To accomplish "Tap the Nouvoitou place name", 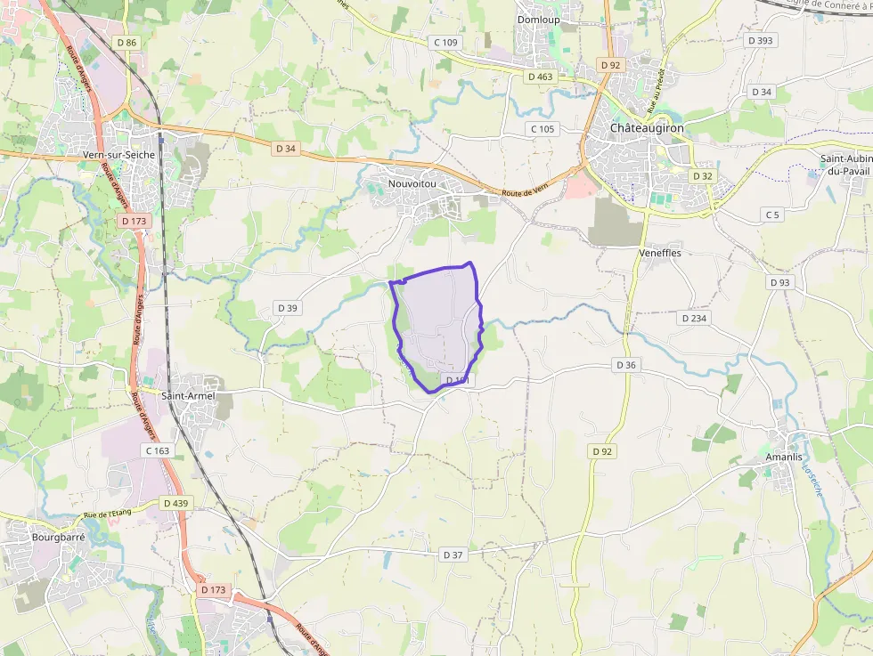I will click(x=412, y=183).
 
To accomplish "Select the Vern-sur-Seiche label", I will click(x=118, y=154).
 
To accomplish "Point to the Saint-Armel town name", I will click(x=190, y=395).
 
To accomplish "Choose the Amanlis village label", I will click(x=771, y=457).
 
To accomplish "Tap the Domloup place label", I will click(x=539, y=19).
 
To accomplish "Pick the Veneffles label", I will click(x=660, y=252).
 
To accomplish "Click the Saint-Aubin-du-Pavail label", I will click(x=845, y=165).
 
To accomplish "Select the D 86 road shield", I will click(x=126, y=42).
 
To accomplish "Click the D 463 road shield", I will click(x=540, y=77).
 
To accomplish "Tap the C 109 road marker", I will click(x=445, y=42).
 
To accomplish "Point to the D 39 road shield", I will click(x=287, y=308).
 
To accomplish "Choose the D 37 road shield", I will click(x=453, y=555).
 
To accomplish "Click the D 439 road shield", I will click(x=176, y=503).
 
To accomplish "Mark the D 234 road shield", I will click(x=694, y=318).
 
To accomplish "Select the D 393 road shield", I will click(x=761, y=40).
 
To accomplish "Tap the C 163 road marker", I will click(x=156, y=450).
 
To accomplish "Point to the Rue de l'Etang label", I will click(x=108, y=514).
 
